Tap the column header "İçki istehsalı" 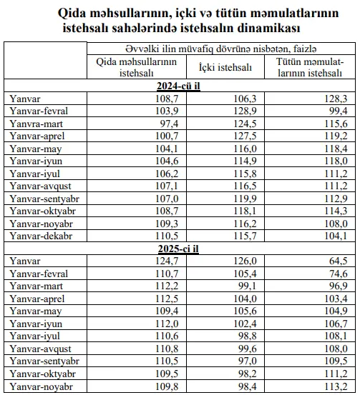tap(220, 67)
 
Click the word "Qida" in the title tap(69, 14)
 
